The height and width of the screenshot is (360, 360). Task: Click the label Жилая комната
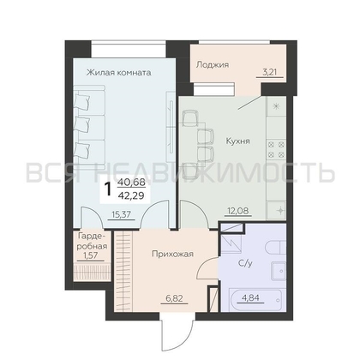pos(118,73)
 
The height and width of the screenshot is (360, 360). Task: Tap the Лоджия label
pos(211,63)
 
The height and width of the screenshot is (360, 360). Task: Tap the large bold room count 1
pos(108,188)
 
